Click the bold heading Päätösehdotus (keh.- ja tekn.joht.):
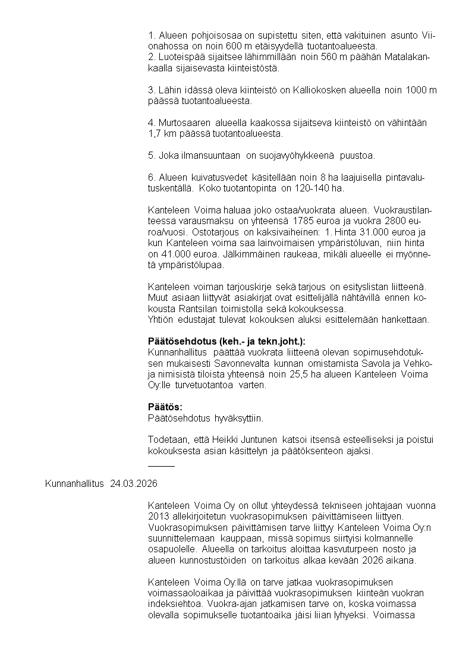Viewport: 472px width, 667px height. tap(226, 341)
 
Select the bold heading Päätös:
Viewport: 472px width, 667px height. tap(165, 407)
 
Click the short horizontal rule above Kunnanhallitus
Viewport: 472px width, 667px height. tap(161, 466)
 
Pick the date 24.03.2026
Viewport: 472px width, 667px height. tap(134, 483)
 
